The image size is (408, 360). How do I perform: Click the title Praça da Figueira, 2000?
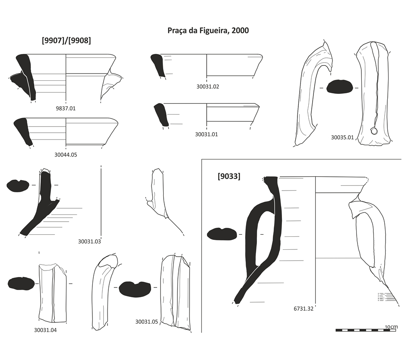208,31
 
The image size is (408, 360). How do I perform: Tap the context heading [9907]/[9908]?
66,41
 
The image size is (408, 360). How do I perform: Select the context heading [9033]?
229,176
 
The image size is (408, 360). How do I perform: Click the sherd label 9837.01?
66,108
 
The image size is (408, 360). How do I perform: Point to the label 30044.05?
66,154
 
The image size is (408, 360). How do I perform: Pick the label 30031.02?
207,87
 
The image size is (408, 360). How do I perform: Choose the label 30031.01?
206,134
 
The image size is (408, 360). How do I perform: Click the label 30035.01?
342,137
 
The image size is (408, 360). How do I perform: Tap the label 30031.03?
89,242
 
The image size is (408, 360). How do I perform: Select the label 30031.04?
45,331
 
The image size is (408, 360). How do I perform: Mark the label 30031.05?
147,322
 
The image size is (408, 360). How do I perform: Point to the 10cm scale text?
391,327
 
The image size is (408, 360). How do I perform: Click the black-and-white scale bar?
367,331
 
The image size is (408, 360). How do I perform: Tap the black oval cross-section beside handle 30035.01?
340,87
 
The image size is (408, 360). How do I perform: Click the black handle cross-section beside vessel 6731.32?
221,234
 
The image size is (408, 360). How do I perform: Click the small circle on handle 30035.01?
375,131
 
